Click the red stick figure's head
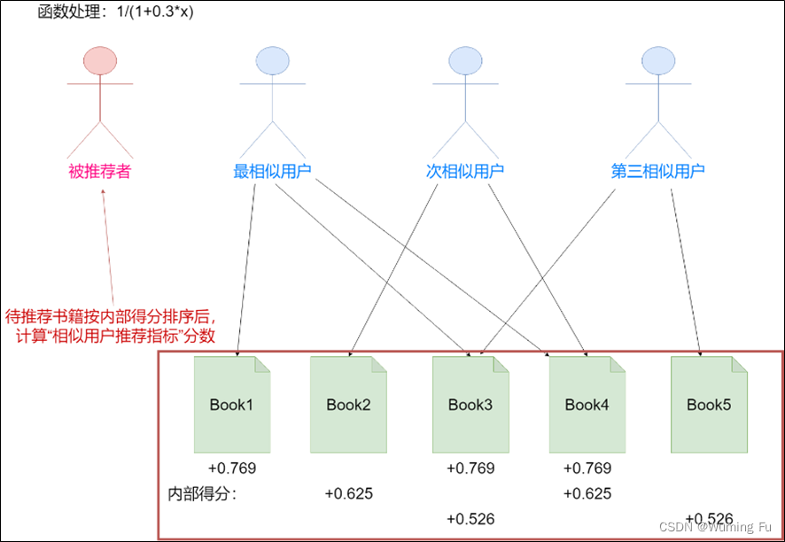click(100, 60)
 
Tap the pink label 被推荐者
click(99, 171)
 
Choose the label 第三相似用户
click(658, 171)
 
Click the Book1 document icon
click(232, 404)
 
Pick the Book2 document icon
click(348, 404)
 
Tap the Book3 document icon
click(470, 404)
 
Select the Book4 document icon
click(587, 404)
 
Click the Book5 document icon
click(709, 404)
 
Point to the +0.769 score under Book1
click(232, 468)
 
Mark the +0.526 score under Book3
click(470, 519)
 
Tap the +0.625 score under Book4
click(587, 494)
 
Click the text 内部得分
click(201, 494)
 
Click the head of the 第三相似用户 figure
click(658, 60)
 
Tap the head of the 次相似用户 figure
click(465, 60)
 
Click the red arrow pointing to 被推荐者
click(109, 248)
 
